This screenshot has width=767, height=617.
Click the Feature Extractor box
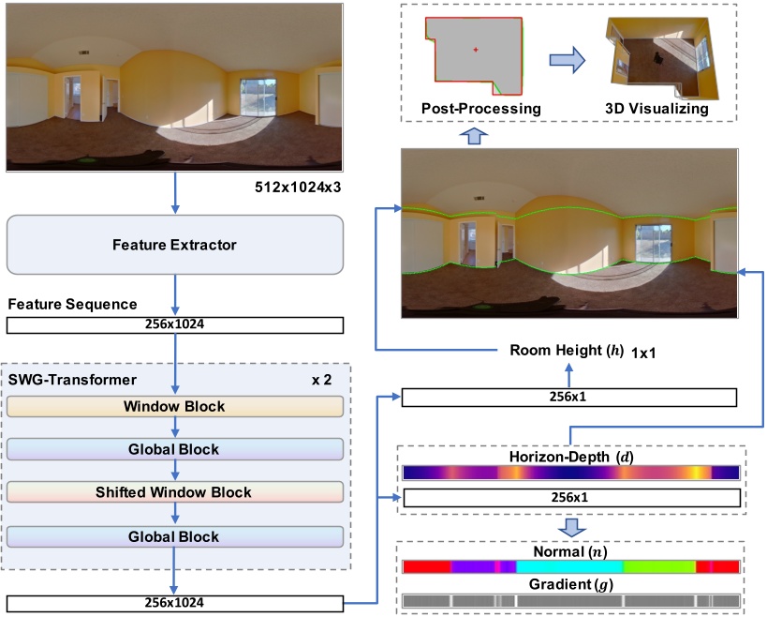174,245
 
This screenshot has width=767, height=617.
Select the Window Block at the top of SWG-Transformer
174,407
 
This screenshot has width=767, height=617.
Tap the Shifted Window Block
174,492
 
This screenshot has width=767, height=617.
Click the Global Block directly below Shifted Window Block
174,536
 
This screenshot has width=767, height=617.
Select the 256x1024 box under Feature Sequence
174,325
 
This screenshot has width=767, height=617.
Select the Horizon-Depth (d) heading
570,455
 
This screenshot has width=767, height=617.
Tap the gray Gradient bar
570,600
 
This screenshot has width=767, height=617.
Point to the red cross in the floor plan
476,49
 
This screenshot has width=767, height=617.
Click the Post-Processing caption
481,109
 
